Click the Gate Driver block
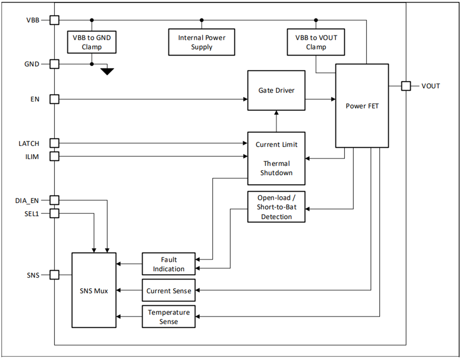(x=276, y=91)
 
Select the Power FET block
(x=362, y=106)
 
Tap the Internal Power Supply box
(x=202, y=42)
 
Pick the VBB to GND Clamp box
(x=92, y=42)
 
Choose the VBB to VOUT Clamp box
(x=316, y=42)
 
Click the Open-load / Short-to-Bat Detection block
(x=276, y=207)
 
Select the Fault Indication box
(x=168, y=264)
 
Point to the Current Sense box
(x=168, y=290)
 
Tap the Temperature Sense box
(x=168, y=317)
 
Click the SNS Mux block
(x=94, y=290)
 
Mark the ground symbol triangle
(x=107, y=71)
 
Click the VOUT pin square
(x=405, y=86)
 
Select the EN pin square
(x=54, y=99)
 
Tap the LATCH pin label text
(x=29, y=143)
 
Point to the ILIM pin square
(x=54, y=156)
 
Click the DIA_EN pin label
(x=27, y=200)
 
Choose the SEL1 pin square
(x=54, y=213)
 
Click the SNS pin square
(x=54, y=275)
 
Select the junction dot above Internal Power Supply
(x=202, y=20)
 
